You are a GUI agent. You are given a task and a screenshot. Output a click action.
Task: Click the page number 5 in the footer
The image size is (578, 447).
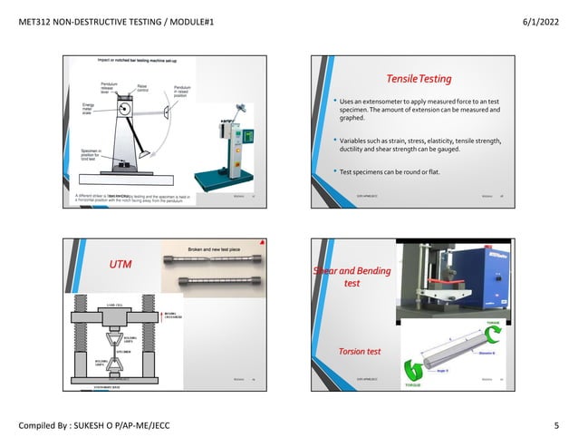[555, 425]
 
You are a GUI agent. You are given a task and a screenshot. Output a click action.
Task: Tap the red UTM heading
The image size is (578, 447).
[120, 265]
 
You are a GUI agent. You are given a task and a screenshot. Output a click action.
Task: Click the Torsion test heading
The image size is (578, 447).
[360, 350]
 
